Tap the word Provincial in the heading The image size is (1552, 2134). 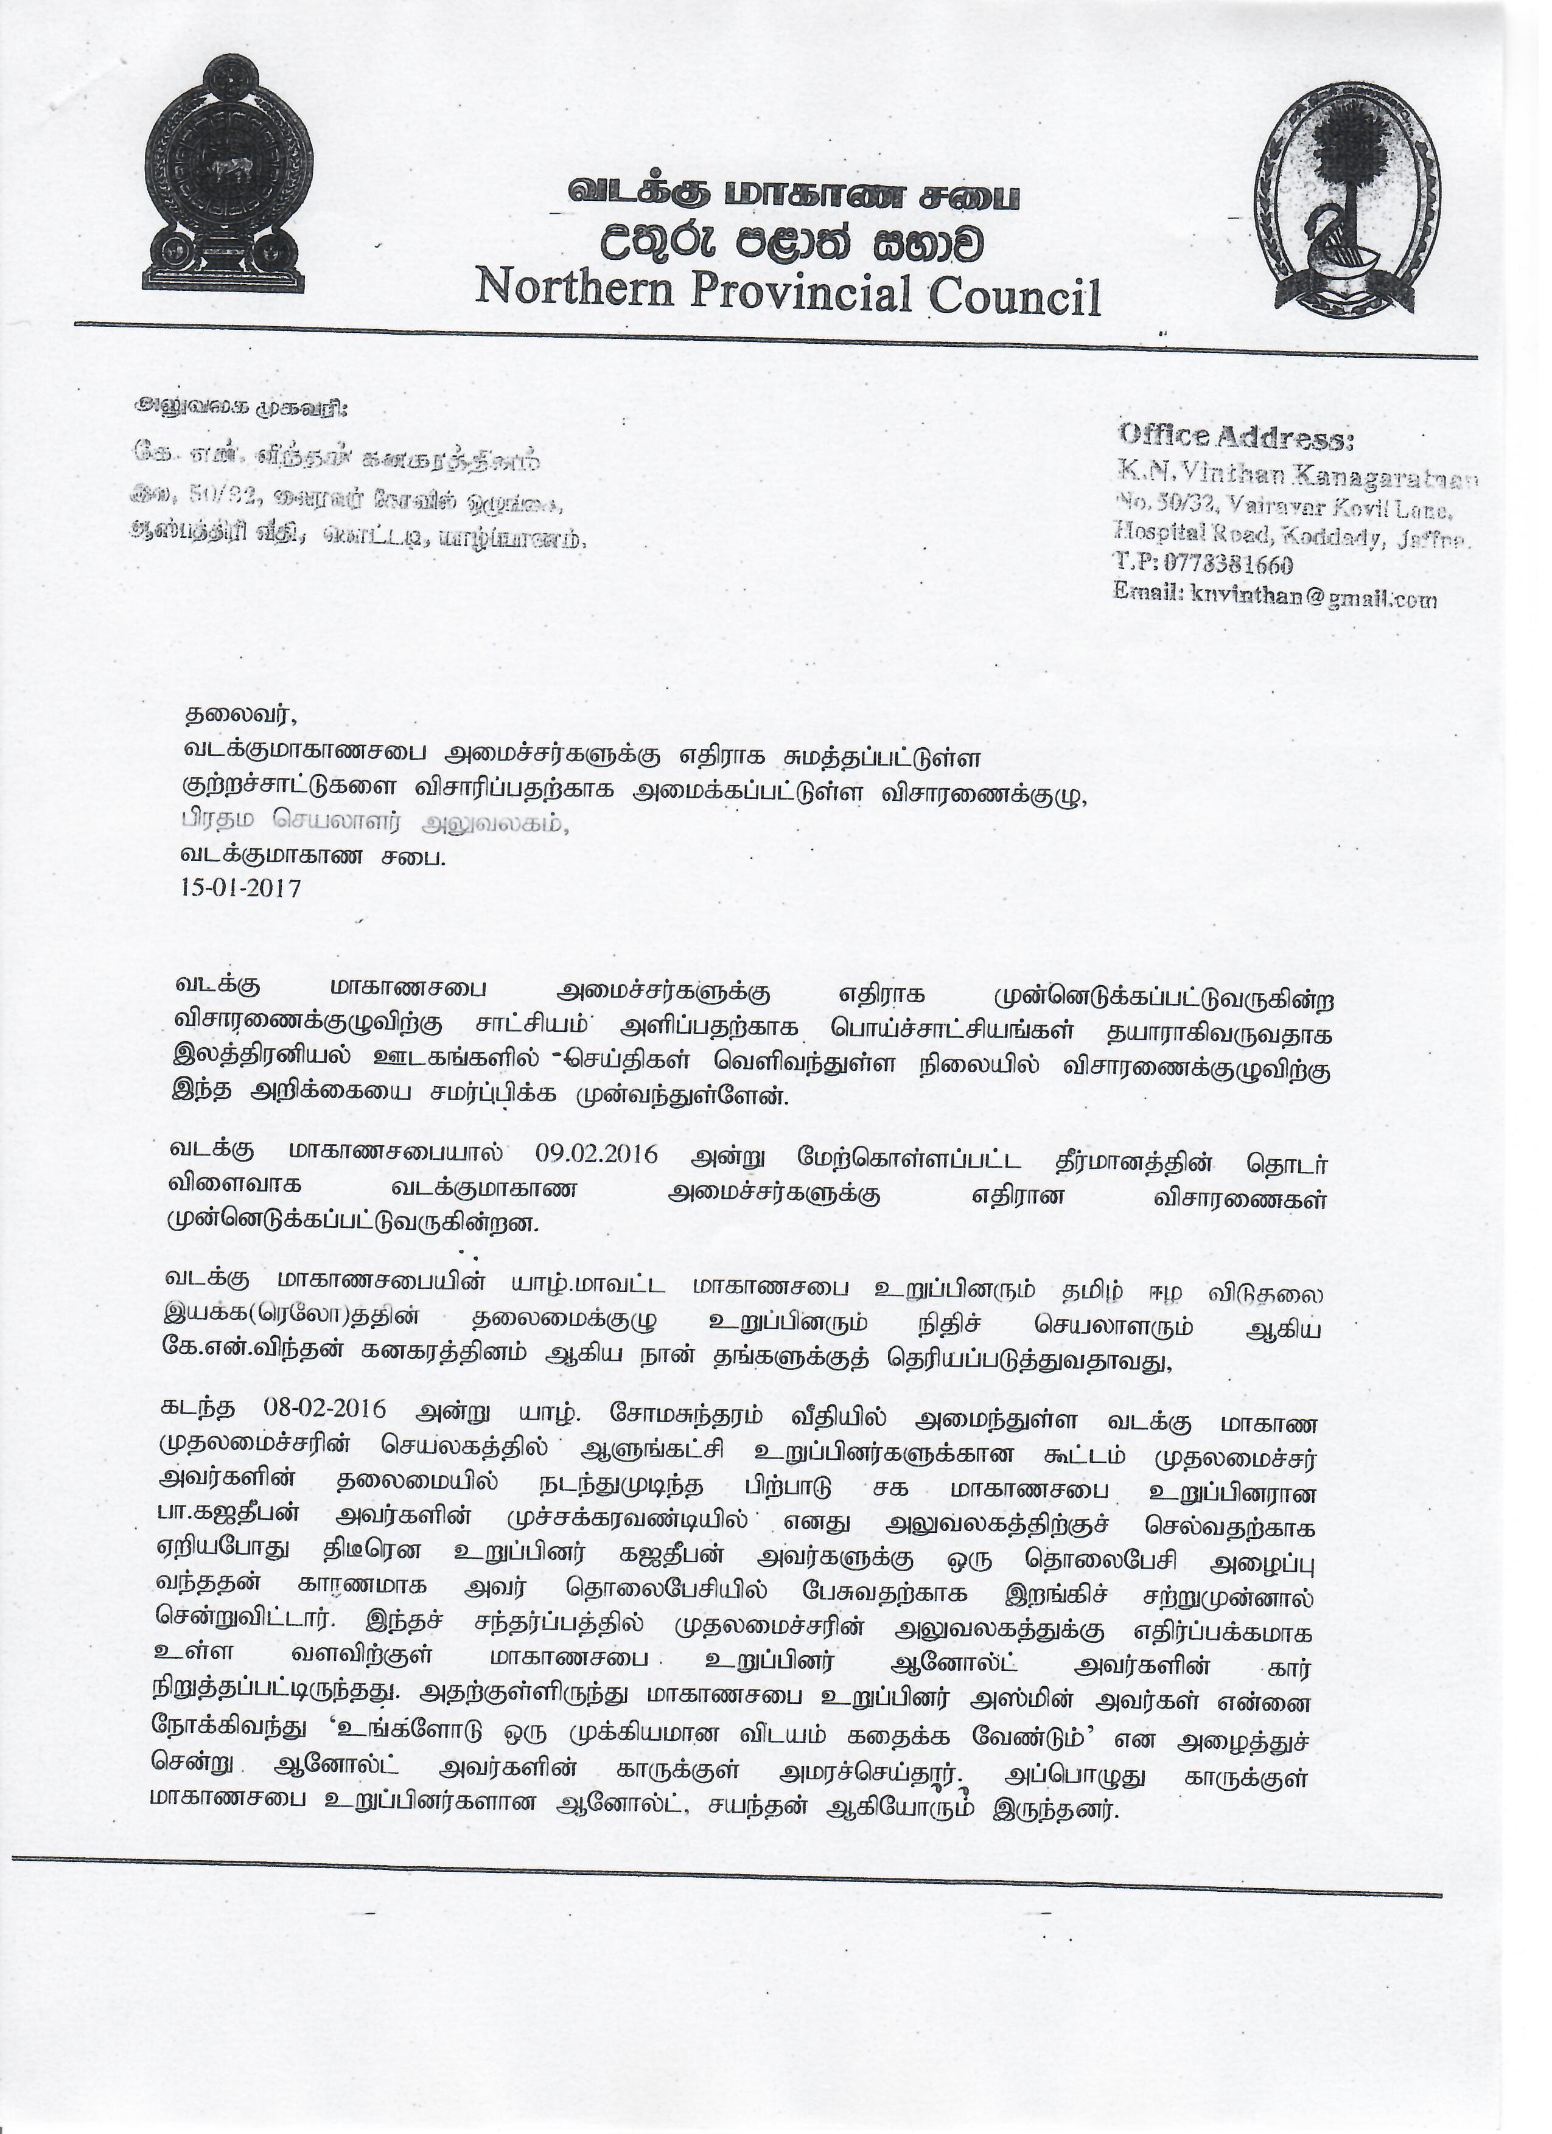pos(804,290)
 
